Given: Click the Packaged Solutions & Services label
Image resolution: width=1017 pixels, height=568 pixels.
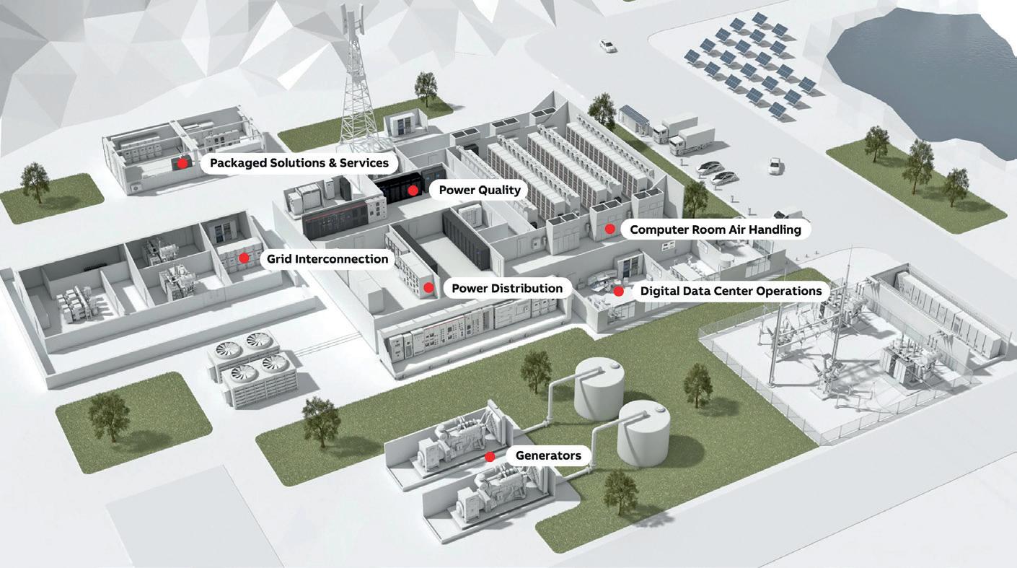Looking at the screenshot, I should pos(299,163).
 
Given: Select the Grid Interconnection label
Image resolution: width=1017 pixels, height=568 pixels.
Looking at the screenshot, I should pos(327,258).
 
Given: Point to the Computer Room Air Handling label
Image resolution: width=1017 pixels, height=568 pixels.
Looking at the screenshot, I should pos(716,230).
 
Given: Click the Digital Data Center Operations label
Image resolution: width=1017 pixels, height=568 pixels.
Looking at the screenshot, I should pos(731,292).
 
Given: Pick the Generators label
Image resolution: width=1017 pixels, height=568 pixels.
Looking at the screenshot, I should pos(548,456).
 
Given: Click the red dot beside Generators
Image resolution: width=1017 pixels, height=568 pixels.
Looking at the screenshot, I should pos(490,456).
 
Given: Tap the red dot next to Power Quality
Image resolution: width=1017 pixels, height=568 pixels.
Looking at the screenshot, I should pos(413,191).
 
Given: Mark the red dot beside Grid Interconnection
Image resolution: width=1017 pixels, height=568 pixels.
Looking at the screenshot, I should pos(245,258).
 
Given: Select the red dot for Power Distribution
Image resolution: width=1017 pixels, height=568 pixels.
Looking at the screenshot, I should pos(428,288).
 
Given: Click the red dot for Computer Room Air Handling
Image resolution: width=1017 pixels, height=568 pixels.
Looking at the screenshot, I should pos(609,229).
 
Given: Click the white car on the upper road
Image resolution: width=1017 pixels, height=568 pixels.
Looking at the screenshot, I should pos(608,46).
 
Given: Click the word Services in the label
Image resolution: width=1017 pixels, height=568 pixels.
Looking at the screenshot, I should pos(365,163).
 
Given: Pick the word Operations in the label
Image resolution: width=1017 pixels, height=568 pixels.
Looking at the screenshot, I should pos(787,292).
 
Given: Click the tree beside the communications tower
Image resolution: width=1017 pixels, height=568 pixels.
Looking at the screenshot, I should pos(426,87).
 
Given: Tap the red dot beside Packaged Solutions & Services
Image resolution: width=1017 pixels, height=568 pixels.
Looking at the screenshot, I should pos(182,163).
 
